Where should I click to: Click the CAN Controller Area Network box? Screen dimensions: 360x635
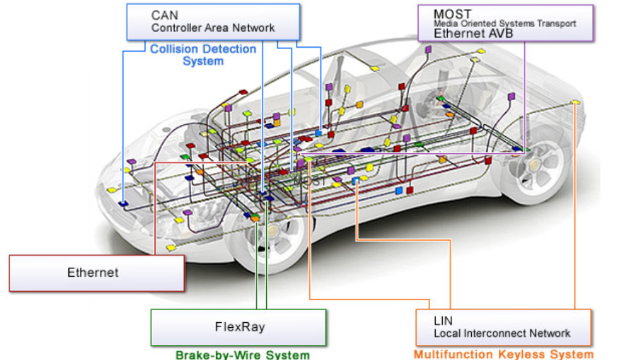[x=213, y=22]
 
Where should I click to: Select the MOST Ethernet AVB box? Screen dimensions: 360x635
[x=505, y=23]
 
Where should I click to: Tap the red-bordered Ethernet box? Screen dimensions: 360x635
[x=96, y=272]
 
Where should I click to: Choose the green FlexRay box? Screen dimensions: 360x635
[x=238, y=327]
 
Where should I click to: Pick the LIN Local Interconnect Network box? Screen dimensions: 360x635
[x=503, y=327]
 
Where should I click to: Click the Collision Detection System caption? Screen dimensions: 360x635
[x=203, y=55]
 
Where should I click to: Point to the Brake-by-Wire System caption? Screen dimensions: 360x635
[x=242, y=355]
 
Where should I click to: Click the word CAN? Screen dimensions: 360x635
[x=164, y=15]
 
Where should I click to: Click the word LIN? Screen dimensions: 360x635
[x=443, y=321]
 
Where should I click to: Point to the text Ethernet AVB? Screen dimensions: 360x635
[x=469, y=33]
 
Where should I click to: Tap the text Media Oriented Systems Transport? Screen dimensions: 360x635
[x=504, y=23]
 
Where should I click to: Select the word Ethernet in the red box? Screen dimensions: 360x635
[x=93, y=272]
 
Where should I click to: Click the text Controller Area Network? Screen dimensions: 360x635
[x=213, y=28]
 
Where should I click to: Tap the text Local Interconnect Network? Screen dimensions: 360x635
[x=502, y=333]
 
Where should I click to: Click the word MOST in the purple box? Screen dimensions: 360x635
[x=453, y=13]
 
